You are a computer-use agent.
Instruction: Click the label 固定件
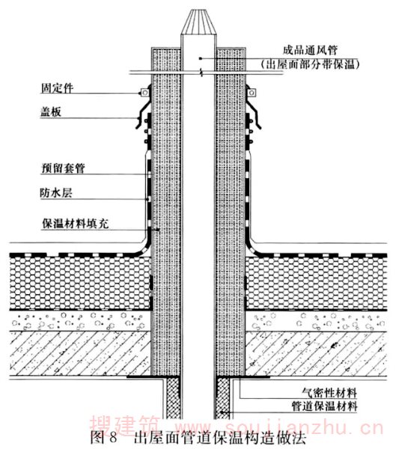[57, 88]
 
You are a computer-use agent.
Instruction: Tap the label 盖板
[51, 112]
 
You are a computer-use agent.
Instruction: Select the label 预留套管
[64, 168]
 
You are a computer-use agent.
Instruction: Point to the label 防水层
[56, 193]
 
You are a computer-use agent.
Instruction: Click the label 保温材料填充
[76, 223]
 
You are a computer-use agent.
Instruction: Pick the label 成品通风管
[310, 50]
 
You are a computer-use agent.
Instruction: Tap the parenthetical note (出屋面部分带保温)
[310, 64]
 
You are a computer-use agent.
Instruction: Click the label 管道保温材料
[325, 406]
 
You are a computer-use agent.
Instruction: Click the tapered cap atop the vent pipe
[198, 23]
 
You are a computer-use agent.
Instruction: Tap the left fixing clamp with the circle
[144, 93]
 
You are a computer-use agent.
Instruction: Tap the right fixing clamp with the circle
[252, 93]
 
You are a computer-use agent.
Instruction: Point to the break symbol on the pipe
[202, 73]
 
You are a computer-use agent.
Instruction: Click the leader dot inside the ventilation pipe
[201, 58]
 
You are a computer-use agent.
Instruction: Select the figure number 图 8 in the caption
[104, 437]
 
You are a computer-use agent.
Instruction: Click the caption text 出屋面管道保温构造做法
[220, 437]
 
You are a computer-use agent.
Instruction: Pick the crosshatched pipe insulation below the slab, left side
[173, 398]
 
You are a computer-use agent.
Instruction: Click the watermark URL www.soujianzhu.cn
[279, 428]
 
